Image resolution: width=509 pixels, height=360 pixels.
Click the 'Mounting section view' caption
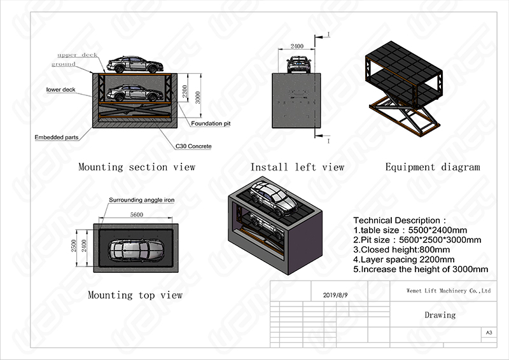[136, 167]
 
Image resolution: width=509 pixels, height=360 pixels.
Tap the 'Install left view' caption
[296, 167]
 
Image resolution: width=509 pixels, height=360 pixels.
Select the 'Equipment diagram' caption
[432, 167]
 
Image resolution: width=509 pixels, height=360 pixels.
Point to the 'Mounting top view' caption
[135, 295]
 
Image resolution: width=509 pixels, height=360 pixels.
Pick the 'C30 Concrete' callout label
[193, 146]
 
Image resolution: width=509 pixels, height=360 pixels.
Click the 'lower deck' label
[61, 90]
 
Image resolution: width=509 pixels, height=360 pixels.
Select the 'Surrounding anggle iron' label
[141, 200]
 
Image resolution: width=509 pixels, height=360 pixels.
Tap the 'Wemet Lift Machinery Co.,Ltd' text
[440, 290]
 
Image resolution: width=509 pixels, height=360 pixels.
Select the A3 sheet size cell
[489, 333]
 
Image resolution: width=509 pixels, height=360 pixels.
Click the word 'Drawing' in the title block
[440, 315]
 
